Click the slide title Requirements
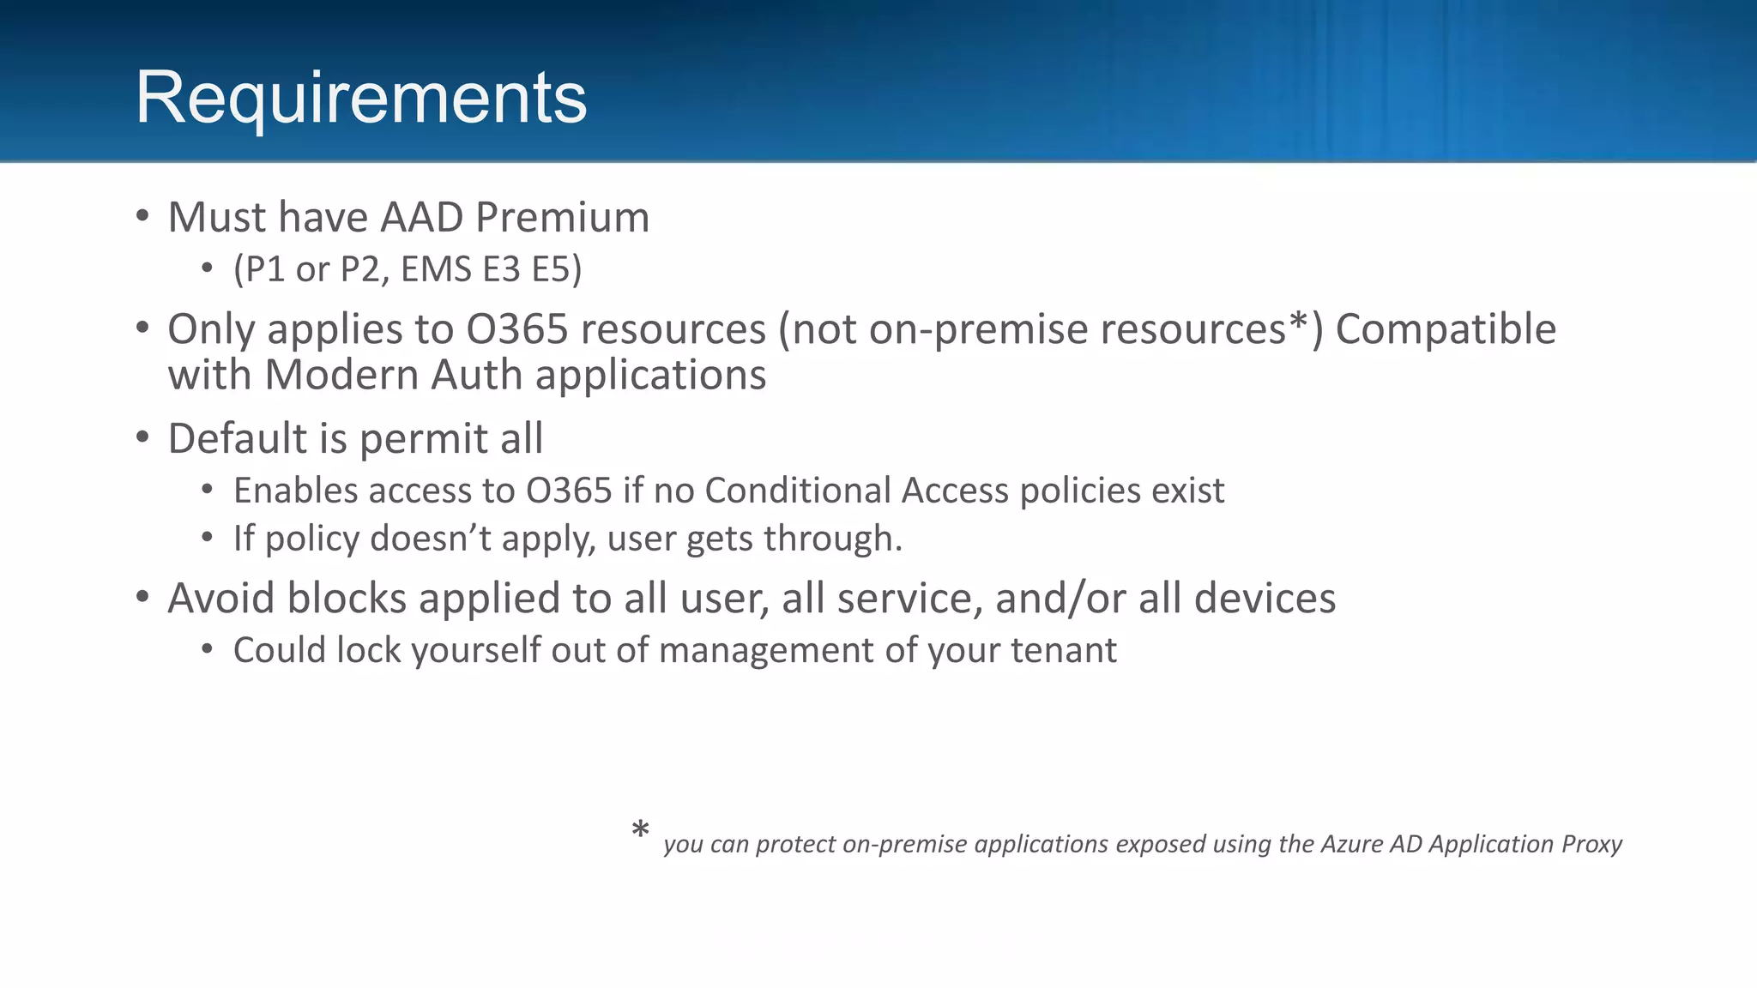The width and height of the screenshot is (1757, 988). pyautogui.click(x=361, y=98)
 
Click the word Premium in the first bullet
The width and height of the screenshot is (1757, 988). pyautogui.click(x=562, y=217)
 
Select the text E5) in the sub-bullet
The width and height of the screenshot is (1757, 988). pyautogui.click(x=557, y=269)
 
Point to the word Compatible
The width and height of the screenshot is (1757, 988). pyautogui.click(x=1446, y=329)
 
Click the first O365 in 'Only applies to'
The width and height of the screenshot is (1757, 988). pyautogui.click(x=517, y=329)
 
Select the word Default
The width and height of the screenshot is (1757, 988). pyautogui.click(x=237, y=438)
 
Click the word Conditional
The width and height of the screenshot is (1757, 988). pyautogui.click(x=796, y=491)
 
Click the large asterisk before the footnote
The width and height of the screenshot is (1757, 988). pyautogui.click(x=640, y=830)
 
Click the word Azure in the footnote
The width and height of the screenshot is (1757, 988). pyautogui.click(x=1351, y=844)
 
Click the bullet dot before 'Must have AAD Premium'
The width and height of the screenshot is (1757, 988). pyautogui.click(x=142, y=216)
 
